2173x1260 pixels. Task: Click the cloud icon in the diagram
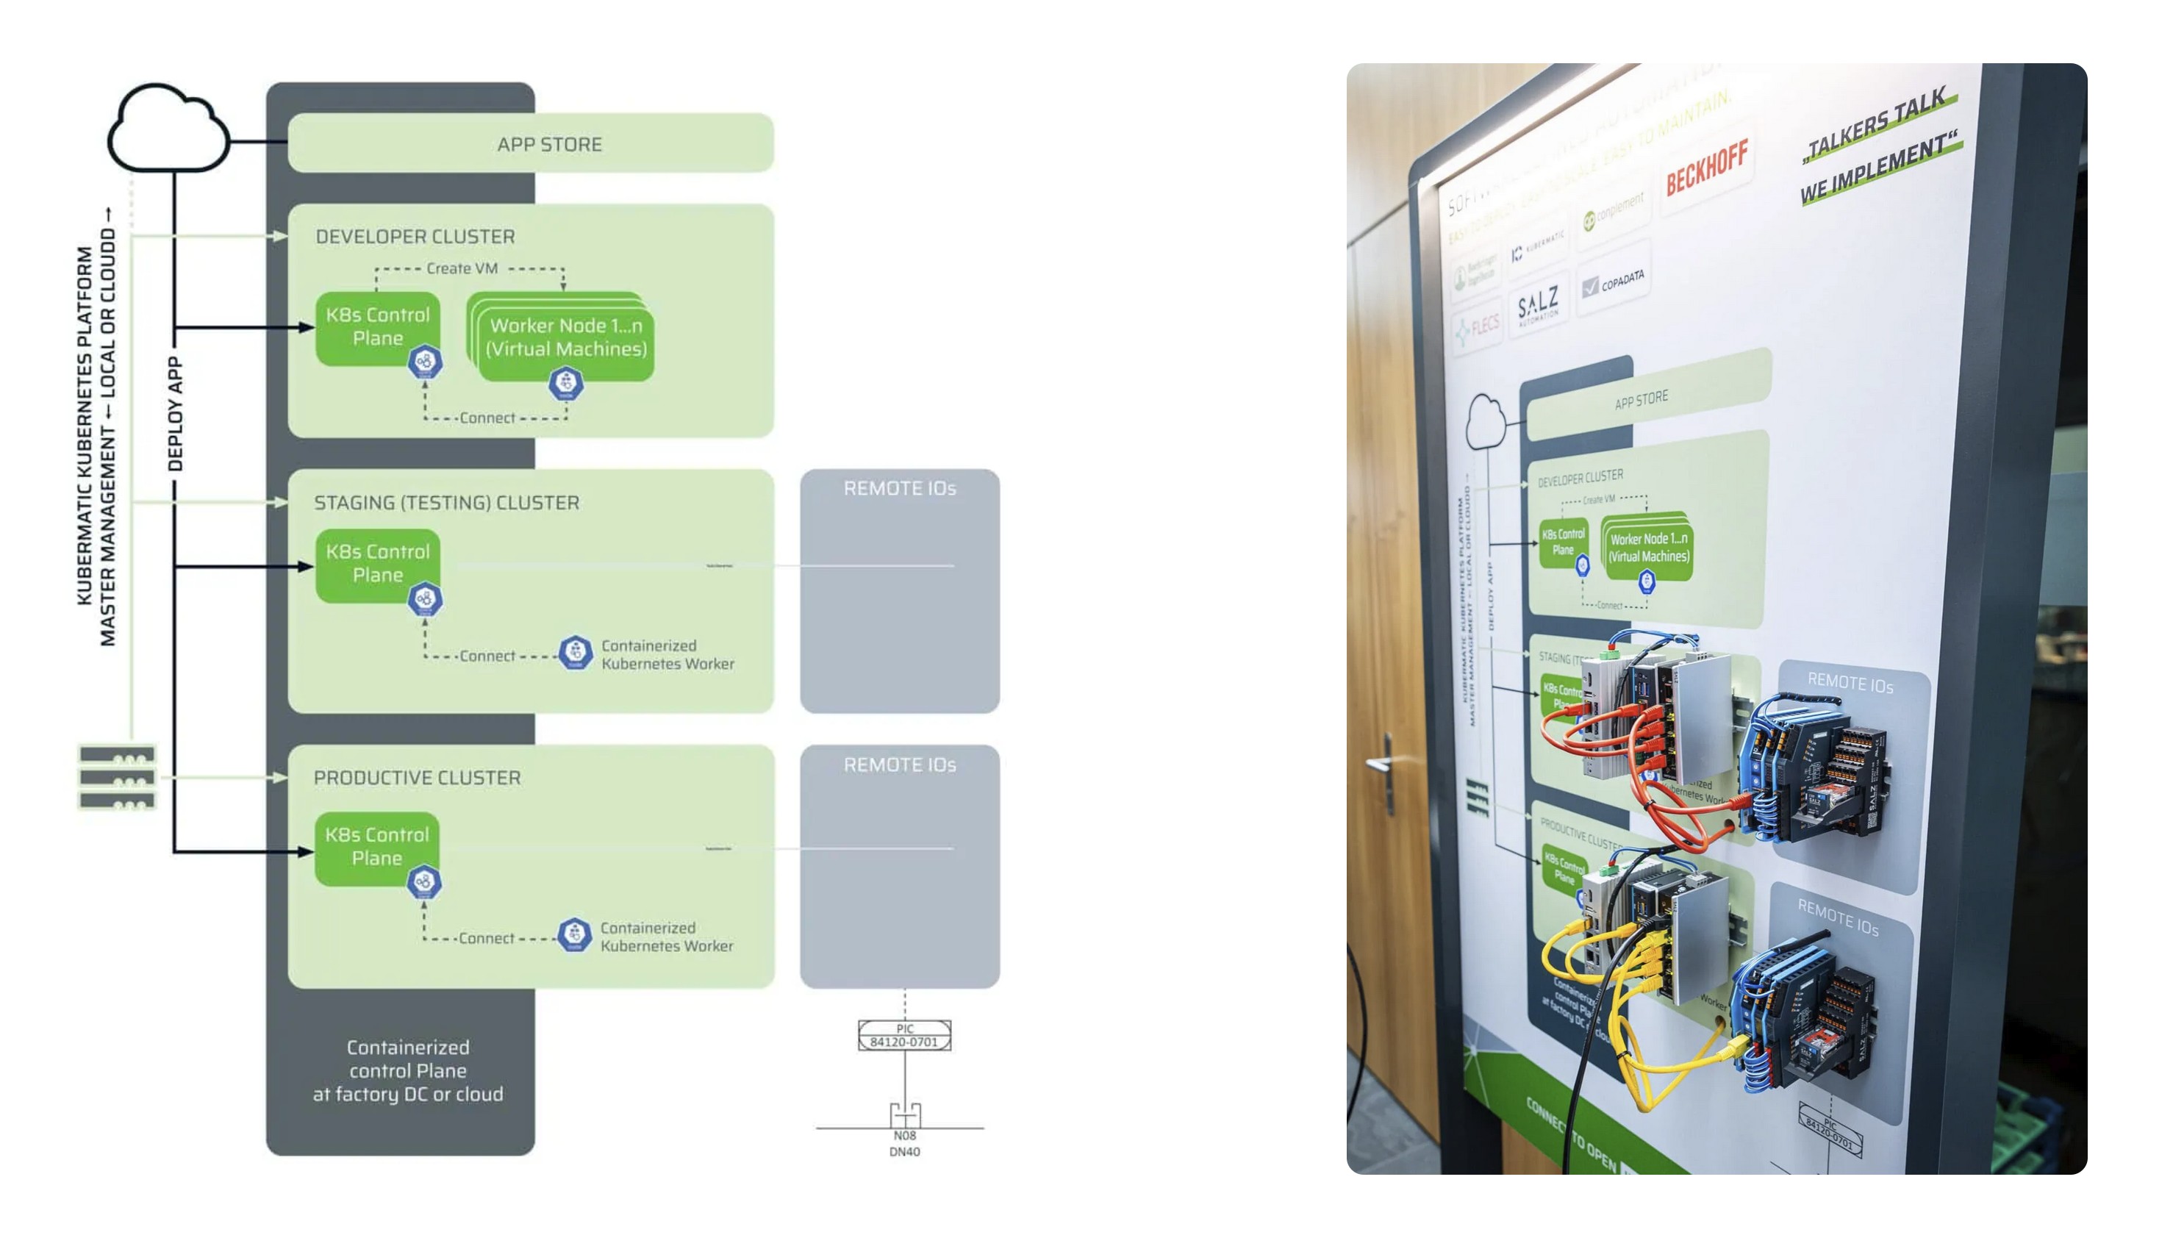point(168,129)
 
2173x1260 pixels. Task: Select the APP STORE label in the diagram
point(549,144)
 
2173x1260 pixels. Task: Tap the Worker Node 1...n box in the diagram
point(565,338)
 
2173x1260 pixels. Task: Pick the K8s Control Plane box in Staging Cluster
point(378,564)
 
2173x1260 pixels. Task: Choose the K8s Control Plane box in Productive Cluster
point(377,847)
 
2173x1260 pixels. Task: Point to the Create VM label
point(462,268)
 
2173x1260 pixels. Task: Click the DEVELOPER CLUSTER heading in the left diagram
point(415,236)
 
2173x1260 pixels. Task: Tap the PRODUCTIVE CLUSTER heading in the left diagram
point(418,778)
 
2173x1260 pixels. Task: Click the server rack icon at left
point(118,778)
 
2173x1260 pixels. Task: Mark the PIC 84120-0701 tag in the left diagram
point(904,1036)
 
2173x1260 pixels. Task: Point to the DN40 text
point(904,1152)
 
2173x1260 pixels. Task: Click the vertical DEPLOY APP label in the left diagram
point(175,414)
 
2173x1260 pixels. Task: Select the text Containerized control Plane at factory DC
point(408,1071)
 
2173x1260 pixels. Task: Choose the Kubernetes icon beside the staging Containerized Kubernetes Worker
point(575,653)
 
